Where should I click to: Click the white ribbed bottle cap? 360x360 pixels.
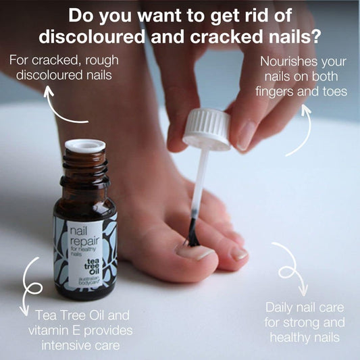click(207, 129)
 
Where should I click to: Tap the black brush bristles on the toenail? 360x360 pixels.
click(192, 232)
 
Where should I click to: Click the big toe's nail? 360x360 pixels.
click(196, 252)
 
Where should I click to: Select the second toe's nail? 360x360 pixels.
click(239, 253)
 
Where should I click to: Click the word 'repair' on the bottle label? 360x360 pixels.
click(84, 241)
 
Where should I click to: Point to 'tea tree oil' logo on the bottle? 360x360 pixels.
click(92, 266)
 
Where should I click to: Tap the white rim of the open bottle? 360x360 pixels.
click(85, 146)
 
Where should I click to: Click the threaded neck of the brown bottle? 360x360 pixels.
click(85, 170)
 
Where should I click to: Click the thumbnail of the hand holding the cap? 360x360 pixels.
click(245, 136)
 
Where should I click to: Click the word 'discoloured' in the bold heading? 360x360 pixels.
click(92, 36)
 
